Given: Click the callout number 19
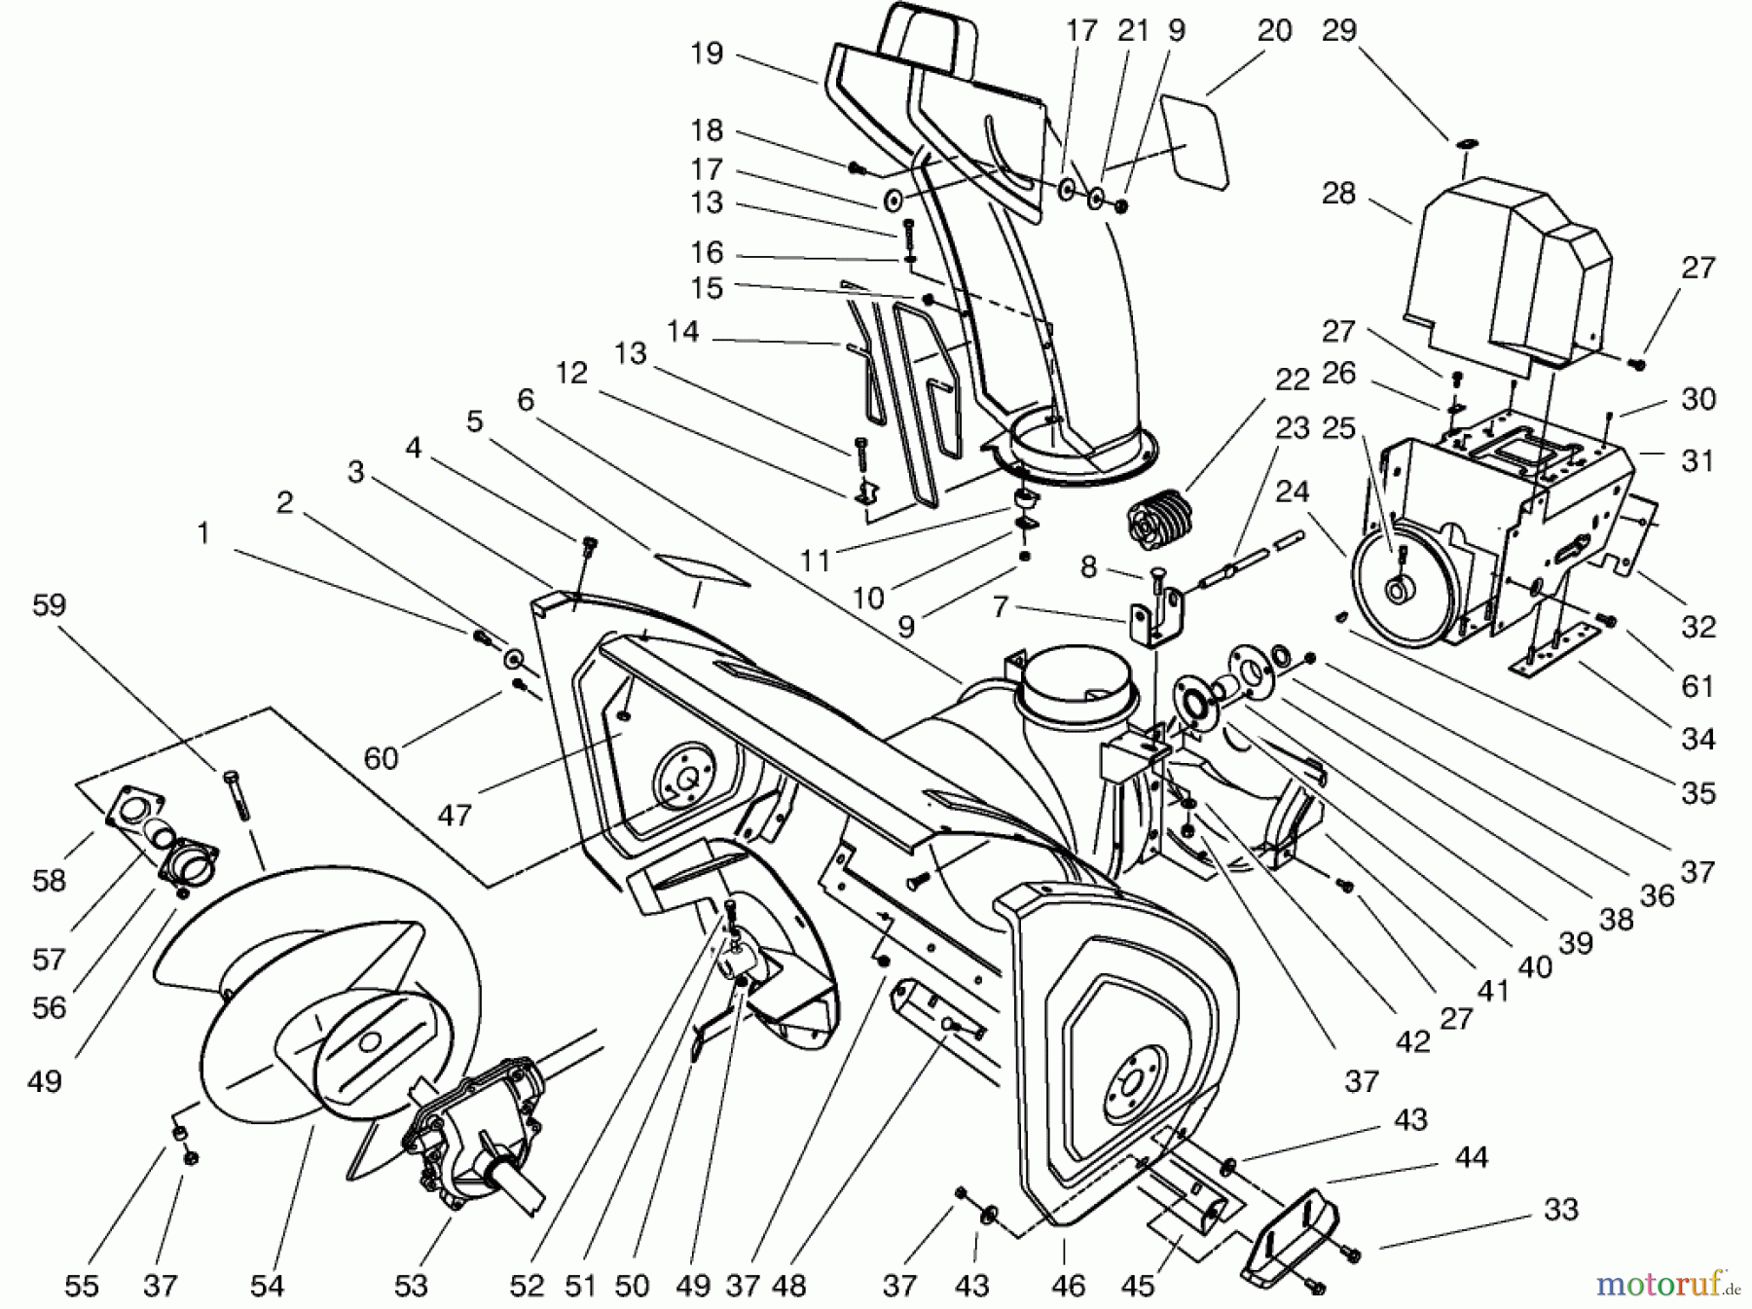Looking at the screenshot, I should (707, 54).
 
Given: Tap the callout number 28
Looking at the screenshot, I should (1338, 194).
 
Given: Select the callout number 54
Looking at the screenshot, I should (267, 1286).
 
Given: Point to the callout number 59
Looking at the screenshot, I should (49, 605).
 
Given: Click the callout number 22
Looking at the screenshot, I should (1292, 381).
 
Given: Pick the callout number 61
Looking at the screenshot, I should (1697, 687).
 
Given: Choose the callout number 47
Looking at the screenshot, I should (455, 816).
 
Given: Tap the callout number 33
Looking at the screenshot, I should (1560, 1210).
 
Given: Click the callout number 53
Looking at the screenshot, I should (411, 1286).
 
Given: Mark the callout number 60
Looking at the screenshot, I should (381, 758).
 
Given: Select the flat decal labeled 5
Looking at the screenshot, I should (701, 570).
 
